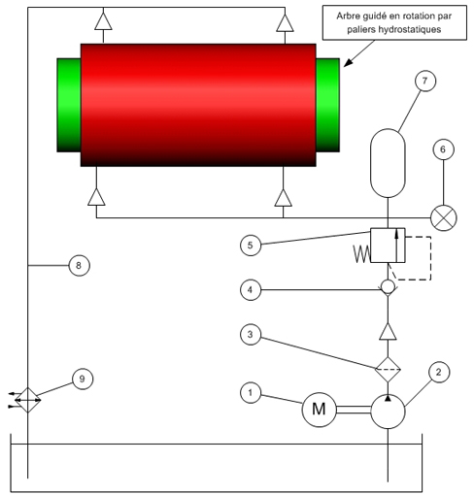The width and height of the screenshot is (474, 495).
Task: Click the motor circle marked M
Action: coord(319,410)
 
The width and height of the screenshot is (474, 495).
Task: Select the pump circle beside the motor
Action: coord(388,412)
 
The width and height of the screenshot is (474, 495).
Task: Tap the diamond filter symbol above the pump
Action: coord(388,369)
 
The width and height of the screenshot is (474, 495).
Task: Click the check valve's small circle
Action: coord(388,286)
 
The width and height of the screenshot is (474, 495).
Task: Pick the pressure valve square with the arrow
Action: coord(388,246)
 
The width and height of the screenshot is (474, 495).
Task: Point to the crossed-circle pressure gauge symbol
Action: coord(444,218)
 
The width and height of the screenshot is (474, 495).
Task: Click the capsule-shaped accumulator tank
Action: coord(388,163)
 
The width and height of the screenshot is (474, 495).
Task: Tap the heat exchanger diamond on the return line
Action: coord(28,400)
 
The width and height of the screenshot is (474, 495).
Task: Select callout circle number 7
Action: coord(425,81)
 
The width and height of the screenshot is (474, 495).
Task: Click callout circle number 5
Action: coord(251,246)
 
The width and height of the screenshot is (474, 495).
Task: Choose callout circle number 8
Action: coord(79,266)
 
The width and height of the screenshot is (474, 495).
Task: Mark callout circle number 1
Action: coord(251,393)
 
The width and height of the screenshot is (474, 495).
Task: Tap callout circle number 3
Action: coord(251,335)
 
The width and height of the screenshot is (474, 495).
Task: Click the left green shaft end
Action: coord(69,105)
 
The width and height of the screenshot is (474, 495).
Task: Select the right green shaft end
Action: coord(327,105)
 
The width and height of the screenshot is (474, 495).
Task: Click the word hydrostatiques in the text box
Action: coord(410,30)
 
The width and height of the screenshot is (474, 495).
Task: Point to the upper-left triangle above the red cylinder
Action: coord(103,21)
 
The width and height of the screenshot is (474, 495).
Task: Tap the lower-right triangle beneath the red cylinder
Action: coord(284,198)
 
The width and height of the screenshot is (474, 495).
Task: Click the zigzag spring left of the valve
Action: coord(361,254)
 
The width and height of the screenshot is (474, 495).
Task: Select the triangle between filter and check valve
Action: coord(388,331)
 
